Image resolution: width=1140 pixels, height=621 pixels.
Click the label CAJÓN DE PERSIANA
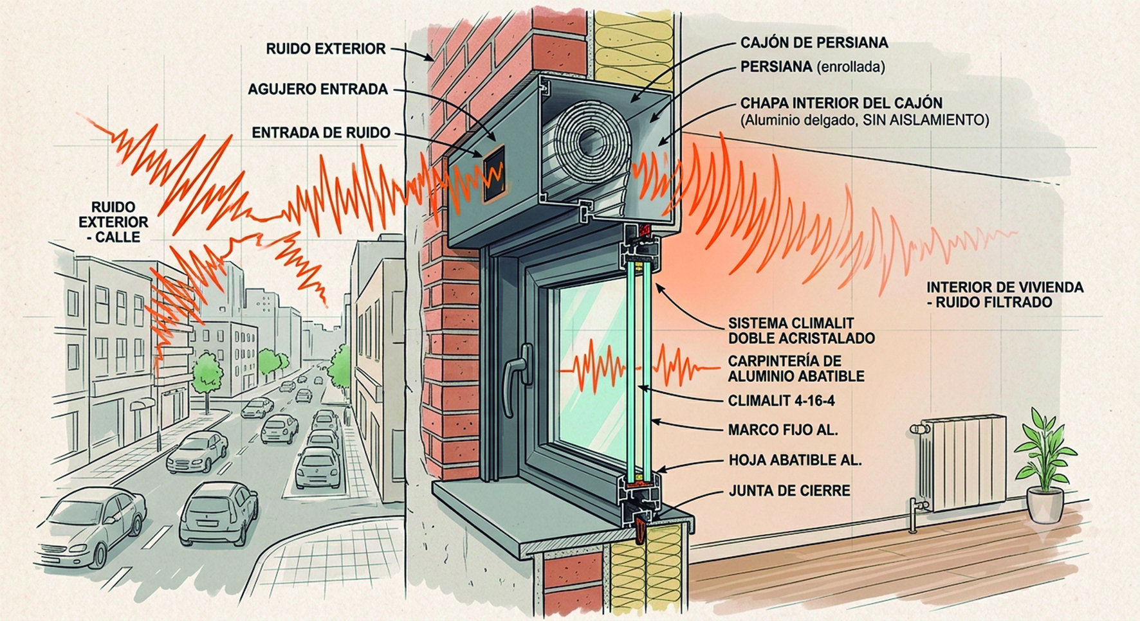click(814, 43)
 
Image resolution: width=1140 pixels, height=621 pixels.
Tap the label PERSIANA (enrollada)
click(813, 67)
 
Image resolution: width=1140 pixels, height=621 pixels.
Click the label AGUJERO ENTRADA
click(318, 89)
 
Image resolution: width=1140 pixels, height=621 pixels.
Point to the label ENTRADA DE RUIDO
click(321, 133)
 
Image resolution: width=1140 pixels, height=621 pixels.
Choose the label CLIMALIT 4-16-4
click(781, 401)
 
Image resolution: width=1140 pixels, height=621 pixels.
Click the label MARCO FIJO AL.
click(783, 430)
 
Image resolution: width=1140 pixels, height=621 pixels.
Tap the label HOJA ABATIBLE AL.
click(795, 460)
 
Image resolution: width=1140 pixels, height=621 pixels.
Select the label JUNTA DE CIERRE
click(789, 491)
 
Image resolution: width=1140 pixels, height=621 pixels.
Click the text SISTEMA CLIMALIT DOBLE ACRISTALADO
click(801, 330)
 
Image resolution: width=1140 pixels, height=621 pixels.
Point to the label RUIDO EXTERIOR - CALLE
click(114, 222)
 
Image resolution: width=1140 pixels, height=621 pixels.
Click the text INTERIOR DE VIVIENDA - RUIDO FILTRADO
click(1005, 295)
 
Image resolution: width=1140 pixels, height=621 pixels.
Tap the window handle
click(517, 379)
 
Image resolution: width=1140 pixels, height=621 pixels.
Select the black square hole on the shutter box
click(493, 172)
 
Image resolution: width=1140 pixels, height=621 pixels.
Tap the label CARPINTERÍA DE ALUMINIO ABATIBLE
click(796, 368)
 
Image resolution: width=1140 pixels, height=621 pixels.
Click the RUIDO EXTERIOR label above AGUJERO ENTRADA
click(326, 49)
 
